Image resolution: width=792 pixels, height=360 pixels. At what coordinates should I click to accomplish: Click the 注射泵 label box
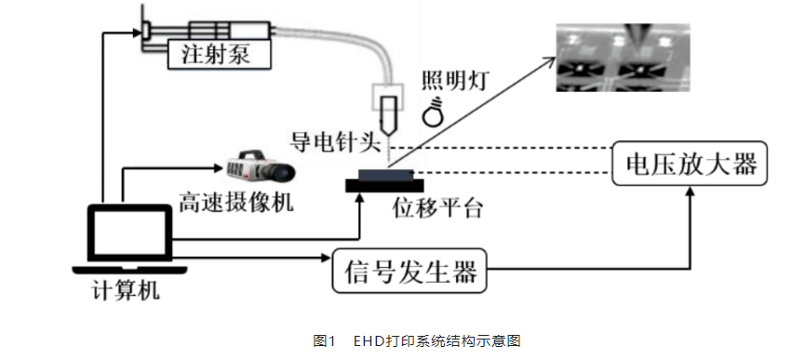pos(220,56)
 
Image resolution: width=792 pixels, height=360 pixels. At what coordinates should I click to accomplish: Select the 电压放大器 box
pos(690,165)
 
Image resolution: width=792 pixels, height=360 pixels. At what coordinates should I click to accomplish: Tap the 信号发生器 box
pos(410,272)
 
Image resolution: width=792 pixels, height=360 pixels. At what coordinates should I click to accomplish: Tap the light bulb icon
pos(434,112)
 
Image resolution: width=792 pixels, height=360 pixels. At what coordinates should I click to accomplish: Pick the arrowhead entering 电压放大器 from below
pos(690,191)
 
